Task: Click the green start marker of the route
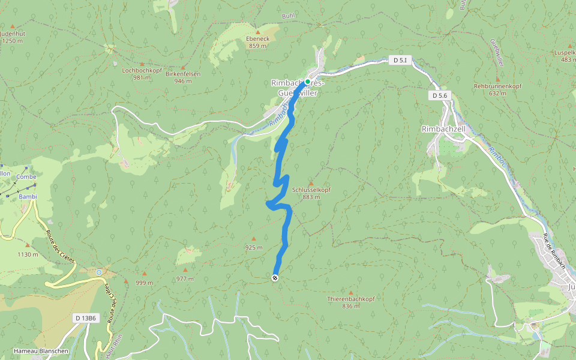click(x=307, y=82)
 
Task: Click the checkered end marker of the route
click(x=275, y=278)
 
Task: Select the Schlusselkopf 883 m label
click(x=311, y=193)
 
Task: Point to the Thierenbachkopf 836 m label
click(x=351, y=302)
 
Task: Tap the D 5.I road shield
click(x=399, y=60)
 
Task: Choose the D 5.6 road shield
click(x=440, y=95)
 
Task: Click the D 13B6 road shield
click(x=86, y=317)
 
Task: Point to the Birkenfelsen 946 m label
click(x=183, y=77)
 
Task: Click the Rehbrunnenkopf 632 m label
click(x=497, y=89)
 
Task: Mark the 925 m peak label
click(x=254, y=247)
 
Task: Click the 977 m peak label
click(x=185, y=279)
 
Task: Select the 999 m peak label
click(x=145, y=283)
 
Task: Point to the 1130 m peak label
click(x=28, y=254)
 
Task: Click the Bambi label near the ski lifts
click(x=28, y=196)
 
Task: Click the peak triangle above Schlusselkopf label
click(x=311, y=183)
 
